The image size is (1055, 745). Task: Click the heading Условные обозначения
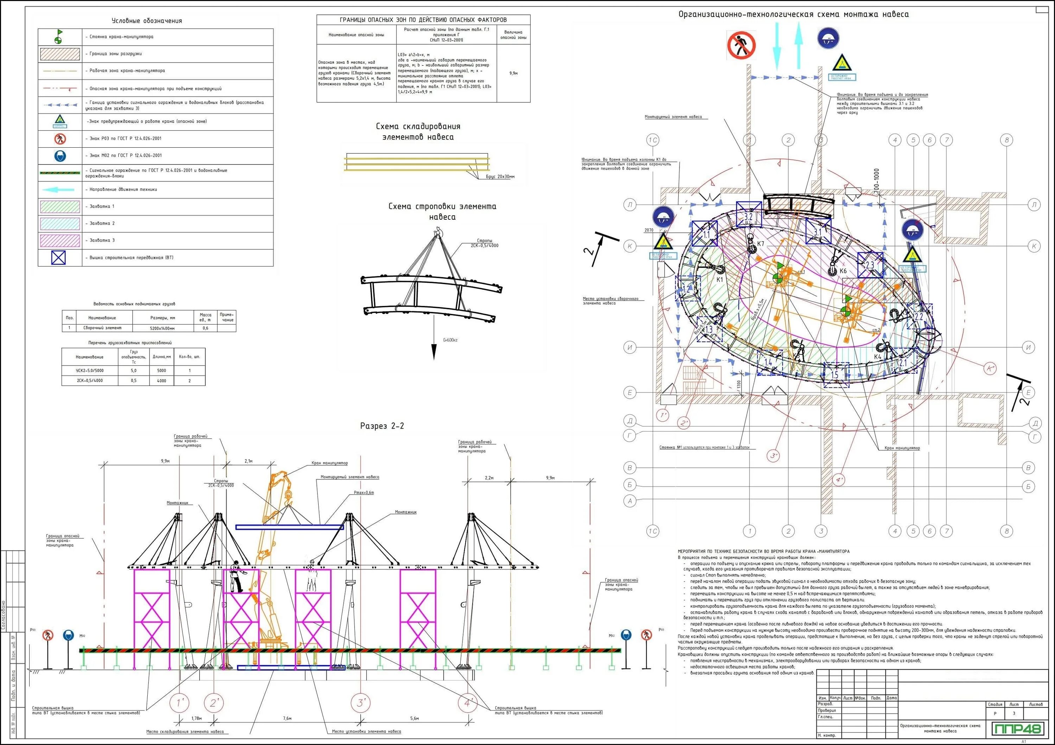(147, 21)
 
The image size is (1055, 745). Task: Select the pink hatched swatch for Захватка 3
(60, 240)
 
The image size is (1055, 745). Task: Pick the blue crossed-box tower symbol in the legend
(58, 258)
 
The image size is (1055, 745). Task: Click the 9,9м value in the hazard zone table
(513, 73)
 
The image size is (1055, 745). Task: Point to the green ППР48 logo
(1018, 729)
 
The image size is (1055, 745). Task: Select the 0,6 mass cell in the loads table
(205, 328)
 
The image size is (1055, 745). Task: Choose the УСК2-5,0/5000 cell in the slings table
(90, 370)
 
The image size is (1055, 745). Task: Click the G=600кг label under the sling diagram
(450, 340)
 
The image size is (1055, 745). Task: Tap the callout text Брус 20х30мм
(500, 176)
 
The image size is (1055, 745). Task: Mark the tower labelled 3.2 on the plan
(748, 216)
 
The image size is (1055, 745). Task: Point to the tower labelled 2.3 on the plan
(870, 265)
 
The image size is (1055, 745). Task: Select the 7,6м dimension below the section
(287, 718)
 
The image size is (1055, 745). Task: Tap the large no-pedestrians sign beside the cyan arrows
(741, 45)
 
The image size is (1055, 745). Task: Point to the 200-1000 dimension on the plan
(877, 180)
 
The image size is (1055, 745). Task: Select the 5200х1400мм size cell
(162, 328)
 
